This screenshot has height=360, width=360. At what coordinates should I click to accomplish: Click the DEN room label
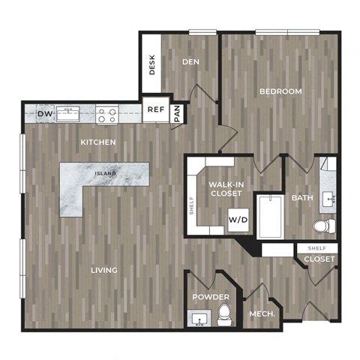(x=190, y=61)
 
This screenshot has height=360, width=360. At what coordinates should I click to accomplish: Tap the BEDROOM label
(x=280, y=91)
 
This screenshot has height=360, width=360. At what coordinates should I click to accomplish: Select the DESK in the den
(x=151, y=64)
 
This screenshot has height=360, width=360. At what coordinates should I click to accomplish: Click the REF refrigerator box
(x=156, y=109)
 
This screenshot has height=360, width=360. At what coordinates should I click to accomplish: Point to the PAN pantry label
(x=177, y=113)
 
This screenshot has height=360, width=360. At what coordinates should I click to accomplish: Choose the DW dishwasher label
(x=45, y=114)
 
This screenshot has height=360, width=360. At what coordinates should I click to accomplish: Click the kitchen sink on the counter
(x=67, y=114)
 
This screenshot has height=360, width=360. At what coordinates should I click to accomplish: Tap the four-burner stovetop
(x=107, y=114)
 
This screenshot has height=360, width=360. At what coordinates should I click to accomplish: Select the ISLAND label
(x=105, y=173)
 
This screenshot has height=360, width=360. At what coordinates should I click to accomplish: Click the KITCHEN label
(x=98, y=142)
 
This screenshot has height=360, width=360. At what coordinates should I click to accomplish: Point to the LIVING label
(x=104, y=270)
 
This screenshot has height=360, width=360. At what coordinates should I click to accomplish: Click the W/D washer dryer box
(x=238, y=220)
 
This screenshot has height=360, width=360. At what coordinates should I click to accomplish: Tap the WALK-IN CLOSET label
(x=226, y=189)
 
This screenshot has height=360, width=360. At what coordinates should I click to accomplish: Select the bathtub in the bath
(x=271, y=217)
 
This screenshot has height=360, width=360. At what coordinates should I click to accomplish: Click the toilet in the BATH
(x=324, y=226)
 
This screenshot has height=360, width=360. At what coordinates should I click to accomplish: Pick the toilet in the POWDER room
(x=224, y=314)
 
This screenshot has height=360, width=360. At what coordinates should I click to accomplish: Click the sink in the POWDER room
(x=199, y=318)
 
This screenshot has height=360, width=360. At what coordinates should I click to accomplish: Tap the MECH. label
(x=262, y=314)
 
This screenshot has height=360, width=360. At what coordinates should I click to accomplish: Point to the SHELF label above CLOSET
(x=316, y=248)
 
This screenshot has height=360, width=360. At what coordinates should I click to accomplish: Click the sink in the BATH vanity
(x=328, y=199)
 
